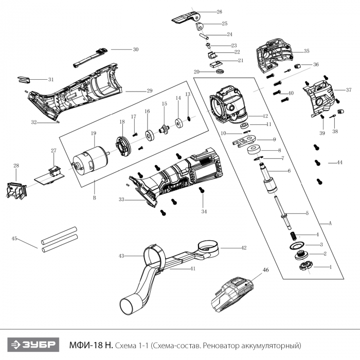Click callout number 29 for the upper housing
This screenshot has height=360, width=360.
click(x=150, y=91)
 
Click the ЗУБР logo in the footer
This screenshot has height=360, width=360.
click(x=32, y=344)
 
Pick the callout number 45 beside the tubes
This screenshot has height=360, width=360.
click(x=14, y=239)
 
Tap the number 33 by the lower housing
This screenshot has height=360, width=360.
click(x=121, y=199)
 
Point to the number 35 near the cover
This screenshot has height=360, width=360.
click(x=307, y=51)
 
